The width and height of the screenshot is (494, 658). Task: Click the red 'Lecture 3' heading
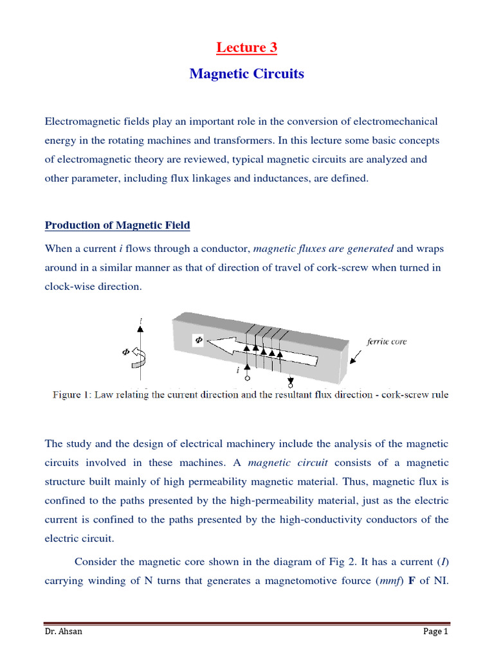click(246, 48)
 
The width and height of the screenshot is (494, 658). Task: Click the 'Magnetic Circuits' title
click(246, 74)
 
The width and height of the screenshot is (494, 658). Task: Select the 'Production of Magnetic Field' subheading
click(117, 225)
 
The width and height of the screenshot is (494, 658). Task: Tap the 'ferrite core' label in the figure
click(387, 342)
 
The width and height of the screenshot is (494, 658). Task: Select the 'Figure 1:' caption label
click(71, 395)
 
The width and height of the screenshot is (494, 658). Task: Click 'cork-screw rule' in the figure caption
click(417, 395)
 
